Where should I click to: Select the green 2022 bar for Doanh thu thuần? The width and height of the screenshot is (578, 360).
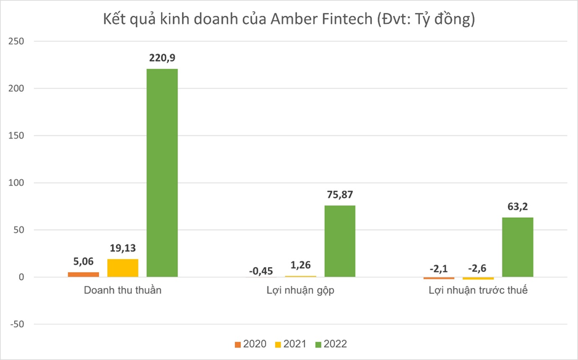click(x=162, y=172)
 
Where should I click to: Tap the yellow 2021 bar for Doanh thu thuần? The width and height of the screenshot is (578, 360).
click(x=123, y=268)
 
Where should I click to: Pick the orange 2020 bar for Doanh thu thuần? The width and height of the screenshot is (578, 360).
click(x=83, y=274)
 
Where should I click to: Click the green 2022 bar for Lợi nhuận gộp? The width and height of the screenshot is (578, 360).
click(x=340, y=241)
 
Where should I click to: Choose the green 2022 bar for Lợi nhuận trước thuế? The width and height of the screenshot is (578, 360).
click(x=518, y=247)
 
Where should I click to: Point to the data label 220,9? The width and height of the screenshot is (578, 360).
click(x=162, y=58)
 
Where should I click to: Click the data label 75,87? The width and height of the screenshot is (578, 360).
click(x=340, y=195)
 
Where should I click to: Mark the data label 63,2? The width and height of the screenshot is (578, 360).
click(x=518, y=207)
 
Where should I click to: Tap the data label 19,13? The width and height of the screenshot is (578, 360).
click(x=123, y=248)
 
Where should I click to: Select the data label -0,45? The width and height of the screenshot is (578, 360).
click(x=261, y=270)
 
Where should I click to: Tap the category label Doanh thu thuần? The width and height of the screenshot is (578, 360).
click(x=122, y=290)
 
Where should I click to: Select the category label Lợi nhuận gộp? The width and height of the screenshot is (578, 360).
click(x=300, y=290)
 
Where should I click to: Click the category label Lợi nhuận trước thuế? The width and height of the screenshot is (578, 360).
click(x=478, y=290)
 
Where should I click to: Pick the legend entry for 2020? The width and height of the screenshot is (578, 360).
click(x=250, y=344)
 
